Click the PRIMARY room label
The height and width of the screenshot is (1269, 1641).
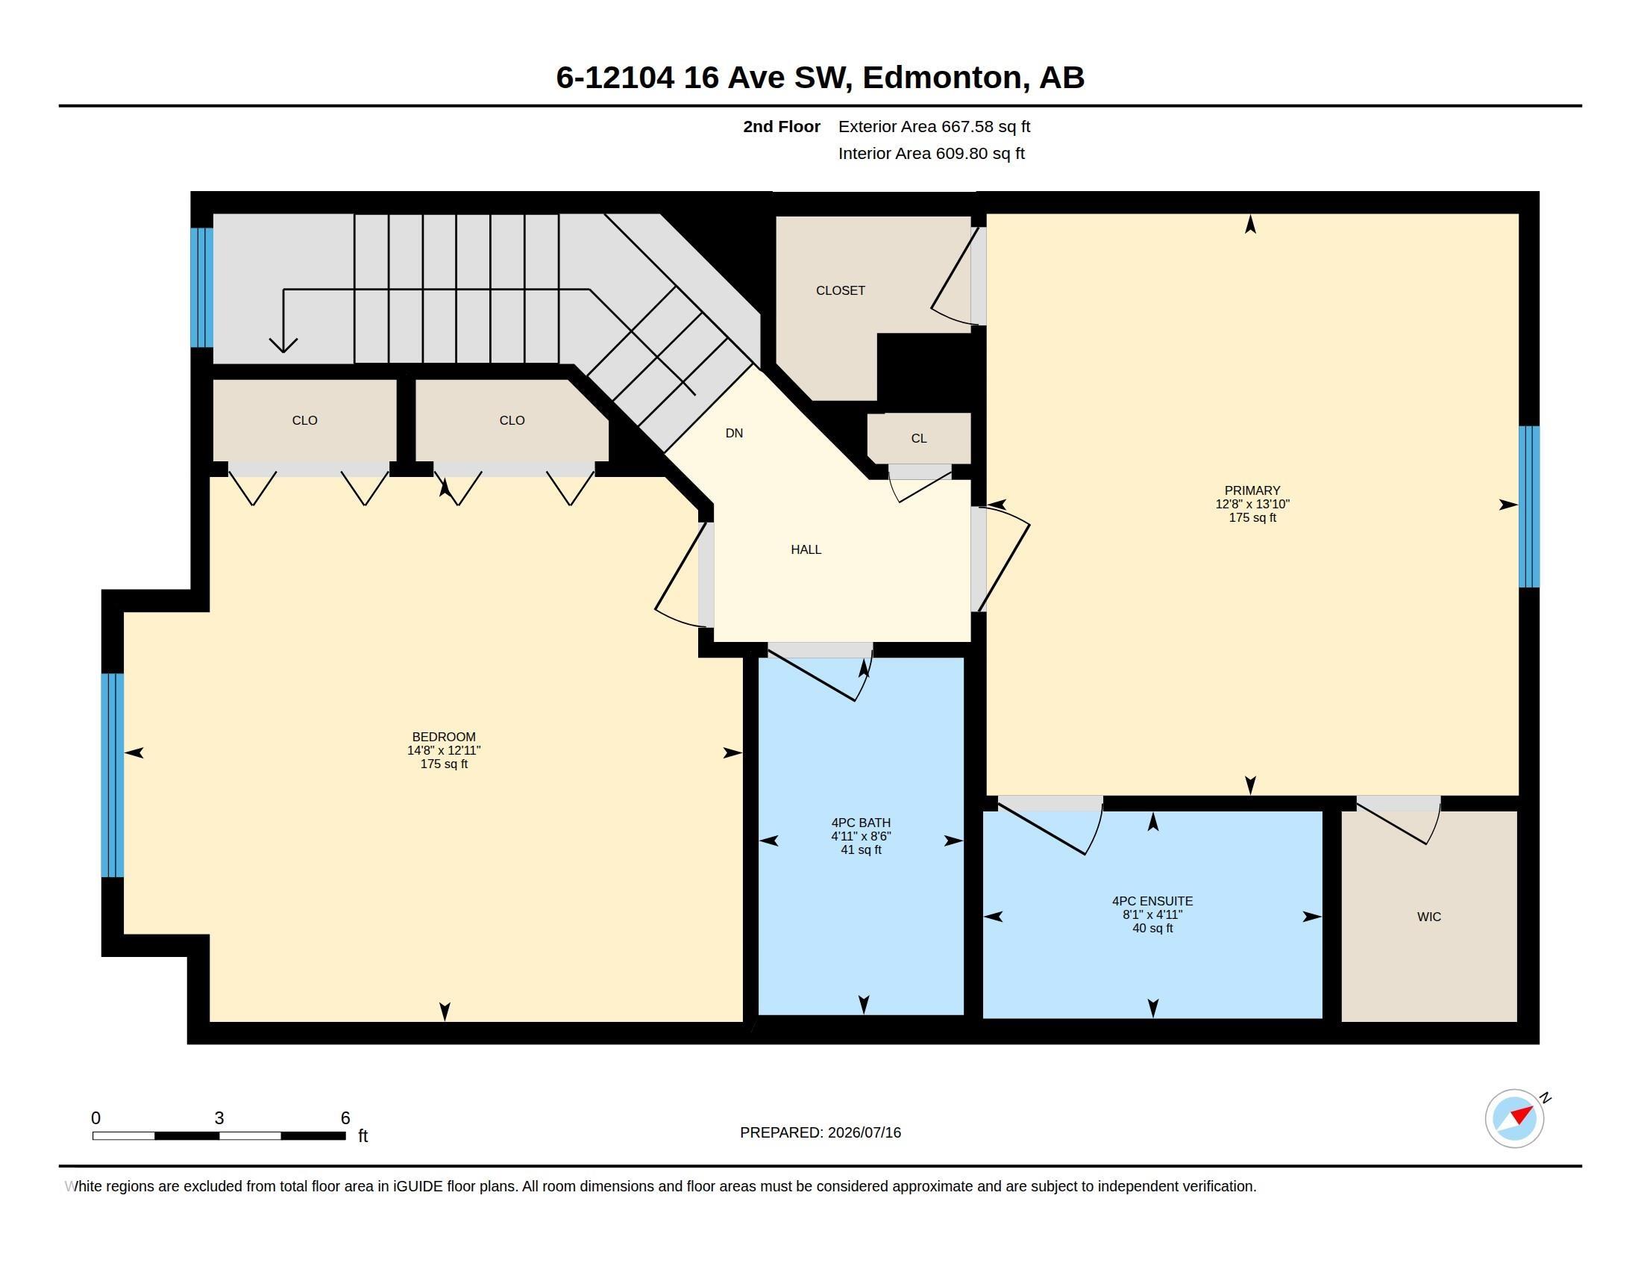(1252, 490)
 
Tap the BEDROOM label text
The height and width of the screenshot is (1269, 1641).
(443, 737)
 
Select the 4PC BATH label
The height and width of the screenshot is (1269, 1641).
(861, 823)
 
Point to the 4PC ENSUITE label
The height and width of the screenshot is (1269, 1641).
(1152, 901)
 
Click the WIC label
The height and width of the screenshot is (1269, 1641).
(1429, 917)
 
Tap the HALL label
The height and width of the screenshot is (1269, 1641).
(806, 549)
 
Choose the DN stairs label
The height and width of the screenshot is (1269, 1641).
(734, 433)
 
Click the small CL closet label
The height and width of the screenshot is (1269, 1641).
(919, 438)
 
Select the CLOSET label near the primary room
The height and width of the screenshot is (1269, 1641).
(841, 290)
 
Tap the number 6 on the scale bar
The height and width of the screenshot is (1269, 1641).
(345, 1118)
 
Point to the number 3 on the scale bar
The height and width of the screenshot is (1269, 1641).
(219, 1118)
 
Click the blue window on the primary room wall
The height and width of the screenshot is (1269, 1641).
(1529, 507)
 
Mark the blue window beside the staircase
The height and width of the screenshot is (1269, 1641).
(202, 287)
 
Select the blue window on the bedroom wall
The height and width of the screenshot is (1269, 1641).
(113, 775)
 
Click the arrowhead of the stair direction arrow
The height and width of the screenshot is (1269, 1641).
(283, 346)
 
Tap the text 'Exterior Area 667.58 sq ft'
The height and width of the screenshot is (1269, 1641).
(934, 126)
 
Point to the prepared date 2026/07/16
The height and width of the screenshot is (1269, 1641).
(864, 1132)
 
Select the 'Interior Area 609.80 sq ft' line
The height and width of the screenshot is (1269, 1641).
(932, 153)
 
